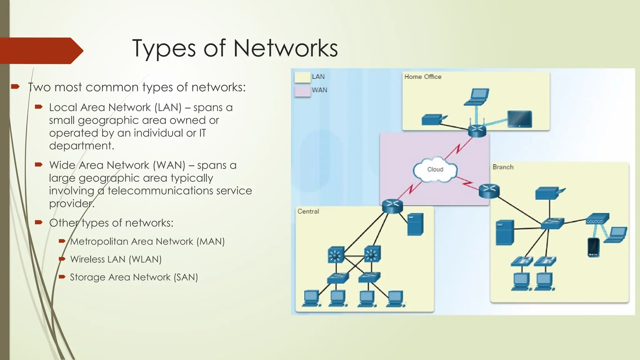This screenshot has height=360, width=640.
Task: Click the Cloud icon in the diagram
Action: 435,170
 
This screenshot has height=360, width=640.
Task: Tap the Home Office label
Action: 422,77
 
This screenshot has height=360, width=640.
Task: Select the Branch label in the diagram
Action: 503,167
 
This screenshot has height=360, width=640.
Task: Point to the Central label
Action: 308,212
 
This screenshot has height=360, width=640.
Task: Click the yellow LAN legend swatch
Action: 302,77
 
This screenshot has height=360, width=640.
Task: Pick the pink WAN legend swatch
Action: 302,92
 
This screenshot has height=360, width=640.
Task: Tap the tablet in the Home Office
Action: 519,119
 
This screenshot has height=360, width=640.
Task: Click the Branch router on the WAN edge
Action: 489,191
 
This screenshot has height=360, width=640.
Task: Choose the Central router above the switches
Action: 392,206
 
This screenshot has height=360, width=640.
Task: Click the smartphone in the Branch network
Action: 593,247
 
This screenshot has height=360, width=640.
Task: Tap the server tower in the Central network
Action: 415,224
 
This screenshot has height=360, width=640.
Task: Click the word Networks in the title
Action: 285,48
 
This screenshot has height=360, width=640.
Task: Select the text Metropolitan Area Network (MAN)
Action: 147,242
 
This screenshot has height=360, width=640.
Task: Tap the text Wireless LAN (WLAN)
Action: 116,259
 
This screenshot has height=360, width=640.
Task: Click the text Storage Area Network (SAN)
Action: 134,277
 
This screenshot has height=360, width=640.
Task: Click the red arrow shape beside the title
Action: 41,51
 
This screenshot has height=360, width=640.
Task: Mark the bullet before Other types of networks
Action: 39,222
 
